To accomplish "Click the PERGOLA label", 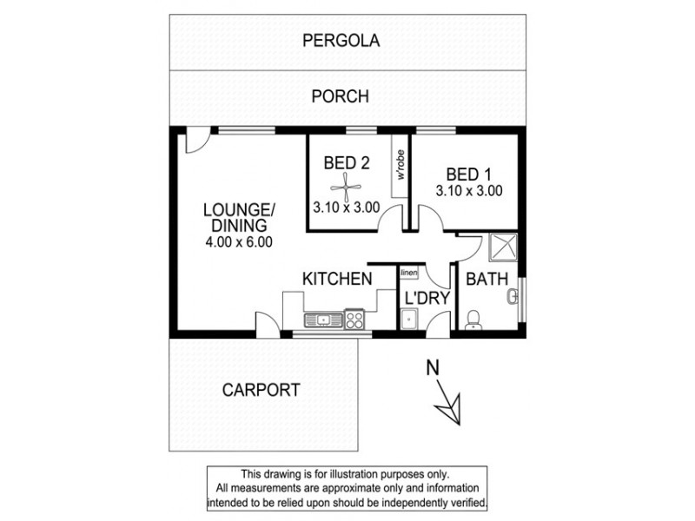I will click(x=342, y=39).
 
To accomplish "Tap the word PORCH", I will click(x=340, y=96).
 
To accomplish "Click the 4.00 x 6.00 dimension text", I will click(x=239, y=242).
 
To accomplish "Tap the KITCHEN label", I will click(x=337, y=279).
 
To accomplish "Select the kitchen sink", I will click(x=321, y=320).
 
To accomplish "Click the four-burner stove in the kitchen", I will click(x=354, y=320).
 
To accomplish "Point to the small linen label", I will click(x=409, y=274).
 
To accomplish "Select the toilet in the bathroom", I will click(x=473, y=320).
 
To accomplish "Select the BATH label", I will click(x=486, y=280).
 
